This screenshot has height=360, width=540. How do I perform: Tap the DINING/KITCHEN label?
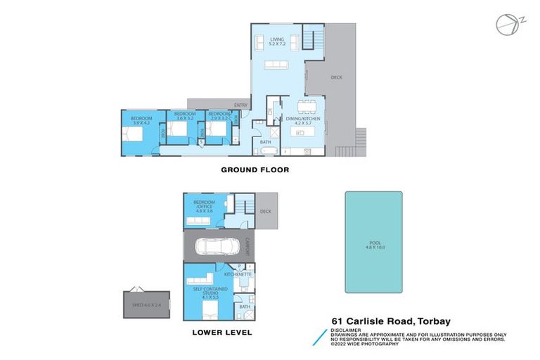304,121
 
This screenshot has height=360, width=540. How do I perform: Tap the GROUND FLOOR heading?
255,169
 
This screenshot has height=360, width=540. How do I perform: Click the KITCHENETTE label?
238,274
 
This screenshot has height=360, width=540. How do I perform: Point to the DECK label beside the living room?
336,77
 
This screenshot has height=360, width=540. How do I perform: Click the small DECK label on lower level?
265,211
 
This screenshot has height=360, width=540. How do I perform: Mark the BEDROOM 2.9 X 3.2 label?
219,115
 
